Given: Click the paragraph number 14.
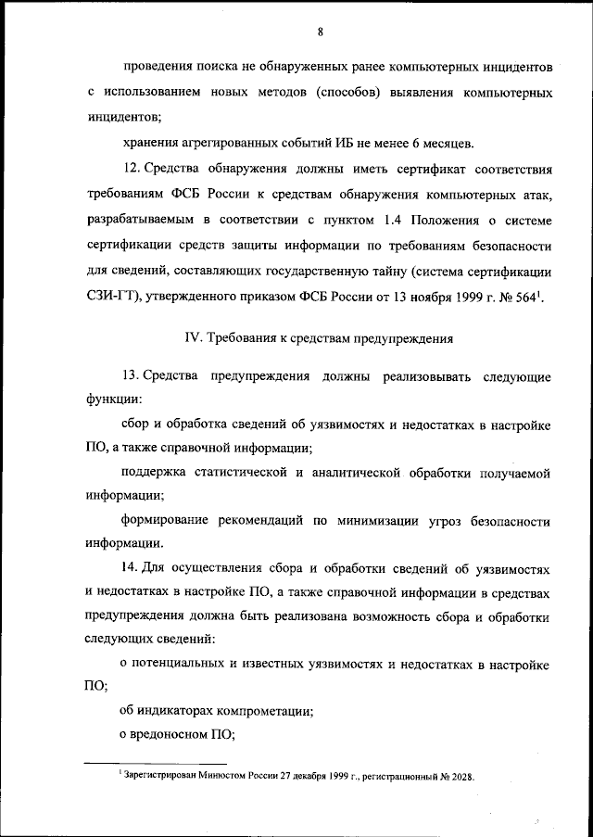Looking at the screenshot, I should click(x=130, y=565).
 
